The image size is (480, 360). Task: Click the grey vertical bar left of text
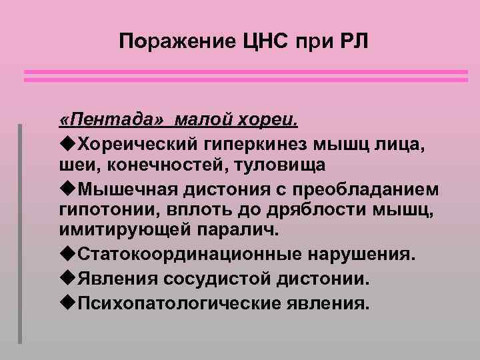coord(21,233)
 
